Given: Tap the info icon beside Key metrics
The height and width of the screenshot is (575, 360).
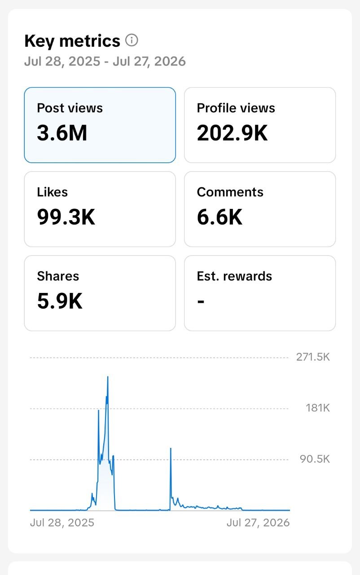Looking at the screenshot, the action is coord(132,40).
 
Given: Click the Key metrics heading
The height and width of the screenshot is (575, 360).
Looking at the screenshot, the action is coord(72,41).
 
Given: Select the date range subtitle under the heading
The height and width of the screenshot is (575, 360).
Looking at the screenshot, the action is coord(105,62).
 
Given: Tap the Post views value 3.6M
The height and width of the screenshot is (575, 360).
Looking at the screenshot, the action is coord(62,133).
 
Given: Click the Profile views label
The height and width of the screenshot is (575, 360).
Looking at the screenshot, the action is coord(236,108).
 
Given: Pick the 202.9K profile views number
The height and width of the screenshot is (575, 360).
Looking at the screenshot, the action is coord(233,133).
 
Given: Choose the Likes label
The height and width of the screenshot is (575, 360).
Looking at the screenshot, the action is coord(53,192).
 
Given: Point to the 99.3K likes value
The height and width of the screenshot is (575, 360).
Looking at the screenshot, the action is coord(66,217).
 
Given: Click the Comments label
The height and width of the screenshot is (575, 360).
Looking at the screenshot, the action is coord(230,192).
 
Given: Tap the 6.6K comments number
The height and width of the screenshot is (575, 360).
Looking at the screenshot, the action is coord(220,217).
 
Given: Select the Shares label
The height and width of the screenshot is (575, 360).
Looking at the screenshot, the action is coord(58,276).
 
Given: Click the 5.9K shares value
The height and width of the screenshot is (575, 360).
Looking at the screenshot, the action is coord(60,301).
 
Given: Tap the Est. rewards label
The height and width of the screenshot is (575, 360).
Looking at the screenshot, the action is coord(234,276).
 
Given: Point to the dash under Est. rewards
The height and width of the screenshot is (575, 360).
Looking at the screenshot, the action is coord(201,301).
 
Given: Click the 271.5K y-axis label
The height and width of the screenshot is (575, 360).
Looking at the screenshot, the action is coord(313,357).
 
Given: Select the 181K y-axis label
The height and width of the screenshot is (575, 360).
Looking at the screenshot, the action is coord(318,408).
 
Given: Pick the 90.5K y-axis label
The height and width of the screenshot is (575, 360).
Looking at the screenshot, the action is coord(315,459).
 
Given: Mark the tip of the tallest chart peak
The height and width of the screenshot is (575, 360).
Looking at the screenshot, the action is coord(108,376).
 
